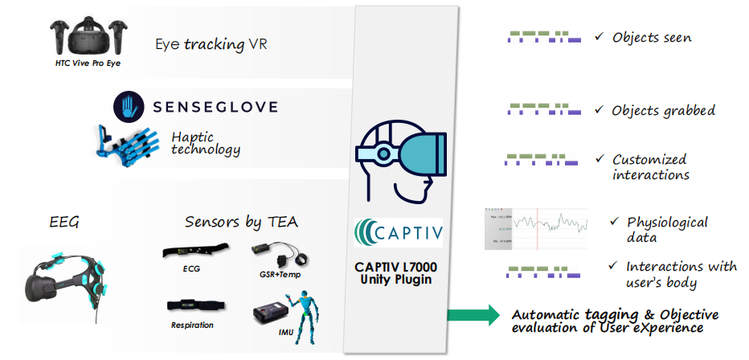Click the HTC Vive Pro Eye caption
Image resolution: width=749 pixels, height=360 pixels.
(x=82, y=63)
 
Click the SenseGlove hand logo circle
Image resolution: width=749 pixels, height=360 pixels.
(x=128, y=106)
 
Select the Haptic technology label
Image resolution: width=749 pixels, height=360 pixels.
(x=206, y=143)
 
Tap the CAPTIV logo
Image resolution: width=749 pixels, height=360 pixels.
(x=398, y=232)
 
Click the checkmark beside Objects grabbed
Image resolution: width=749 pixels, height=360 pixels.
(x=599, y=108)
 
